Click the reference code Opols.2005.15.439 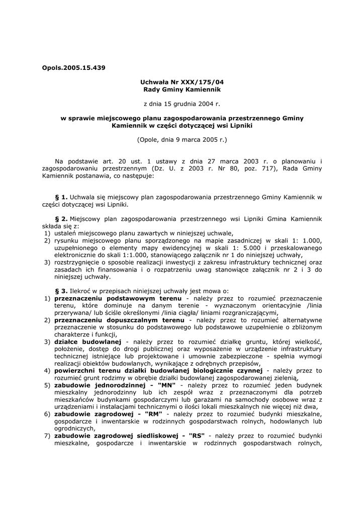click(70, 67)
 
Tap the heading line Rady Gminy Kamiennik click(182, 89)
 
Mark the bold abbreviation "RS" click(195, 435)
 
